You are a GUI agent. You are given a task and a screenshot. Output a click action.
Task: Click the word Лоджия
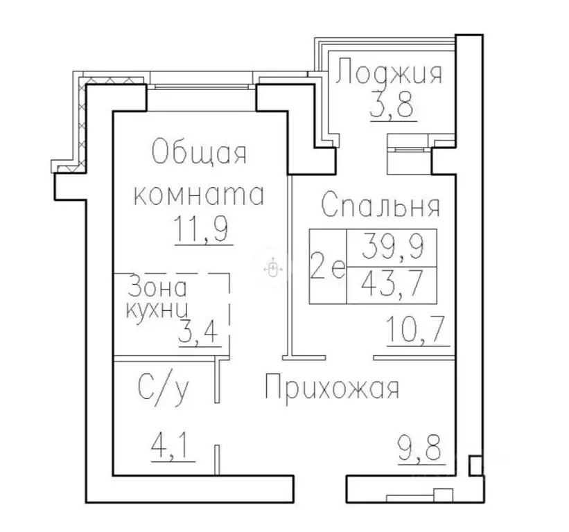click(389, 72)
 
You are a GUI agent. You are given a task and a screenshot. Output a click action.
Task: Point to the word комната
click(199, 195)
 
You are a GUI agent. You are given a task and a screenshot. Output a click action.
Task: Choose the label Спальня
click(380, 206)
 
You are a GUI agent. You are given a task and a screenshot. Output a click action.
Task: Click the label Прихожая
click(332, 389)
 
